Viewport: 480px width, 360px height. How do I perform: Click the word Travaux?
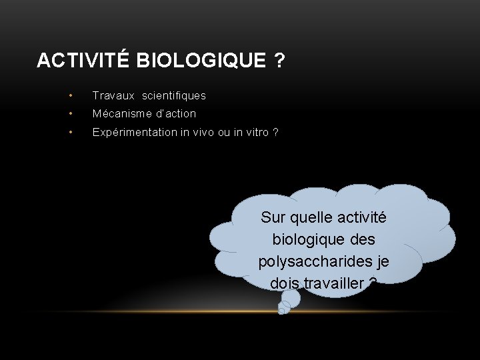tap(109, 96)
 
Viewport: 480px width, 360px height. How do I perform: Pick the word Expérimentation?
tap(135, 132)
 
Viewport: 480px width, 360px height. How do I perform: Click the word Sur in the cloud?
tap(273, 217)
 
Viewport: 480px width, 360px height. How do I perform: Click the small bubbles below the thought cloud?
tap(286, 305)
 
